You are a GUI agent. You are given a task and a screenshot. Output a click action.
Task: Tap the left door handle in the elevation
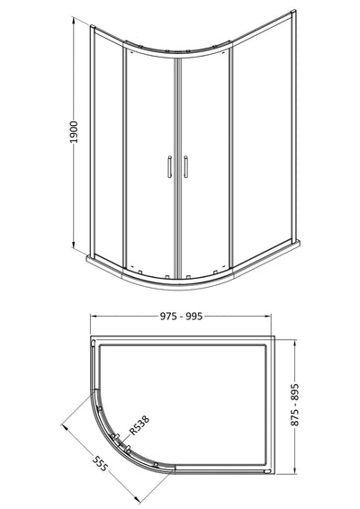pos(167,168)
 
